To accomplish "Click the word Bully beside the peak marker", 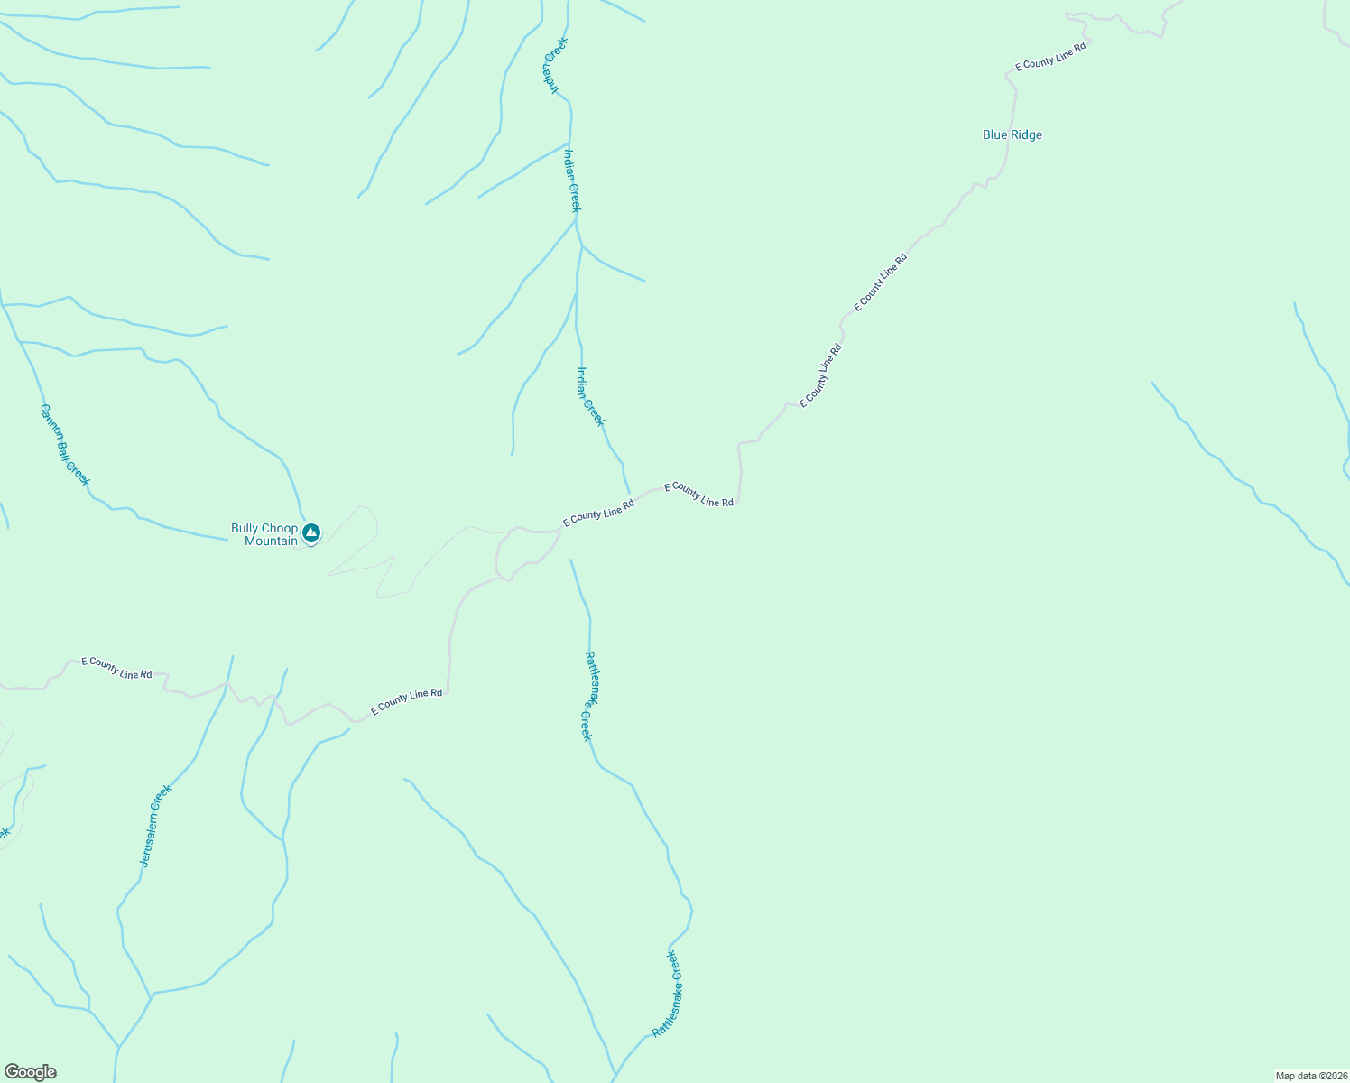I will pos(245,529).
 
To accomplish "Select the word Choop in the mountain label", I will pos(280,529).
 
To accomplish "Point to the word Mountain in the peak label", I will pos(271,541).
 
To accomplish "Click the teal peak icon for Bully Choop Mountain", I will pos(311,532).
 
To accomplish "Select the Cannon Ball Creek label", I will pos(65,444).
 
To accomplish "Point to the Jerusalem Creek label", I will pos(155,827).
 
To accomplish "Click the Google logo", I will pos(30,1072).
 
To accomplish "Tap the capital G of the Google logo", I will pos(12,1072).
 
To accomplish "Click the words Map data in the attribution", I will pos(1296,1076).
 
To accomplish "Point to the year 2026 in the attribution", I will pos(1335,1076).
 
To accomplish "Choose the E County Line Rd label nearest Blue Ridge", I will pos(1050,56).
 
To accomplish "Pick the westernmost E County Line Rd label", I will pos(116,668).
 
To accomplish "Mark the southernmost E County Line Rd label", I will pos(406,699).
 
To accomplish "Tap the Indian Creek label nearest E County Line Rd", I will pos(591,395).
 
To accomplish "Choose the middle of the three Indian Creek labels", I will pos(572,180).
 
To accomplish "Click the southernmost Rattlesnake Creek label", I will pos(667,994).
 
